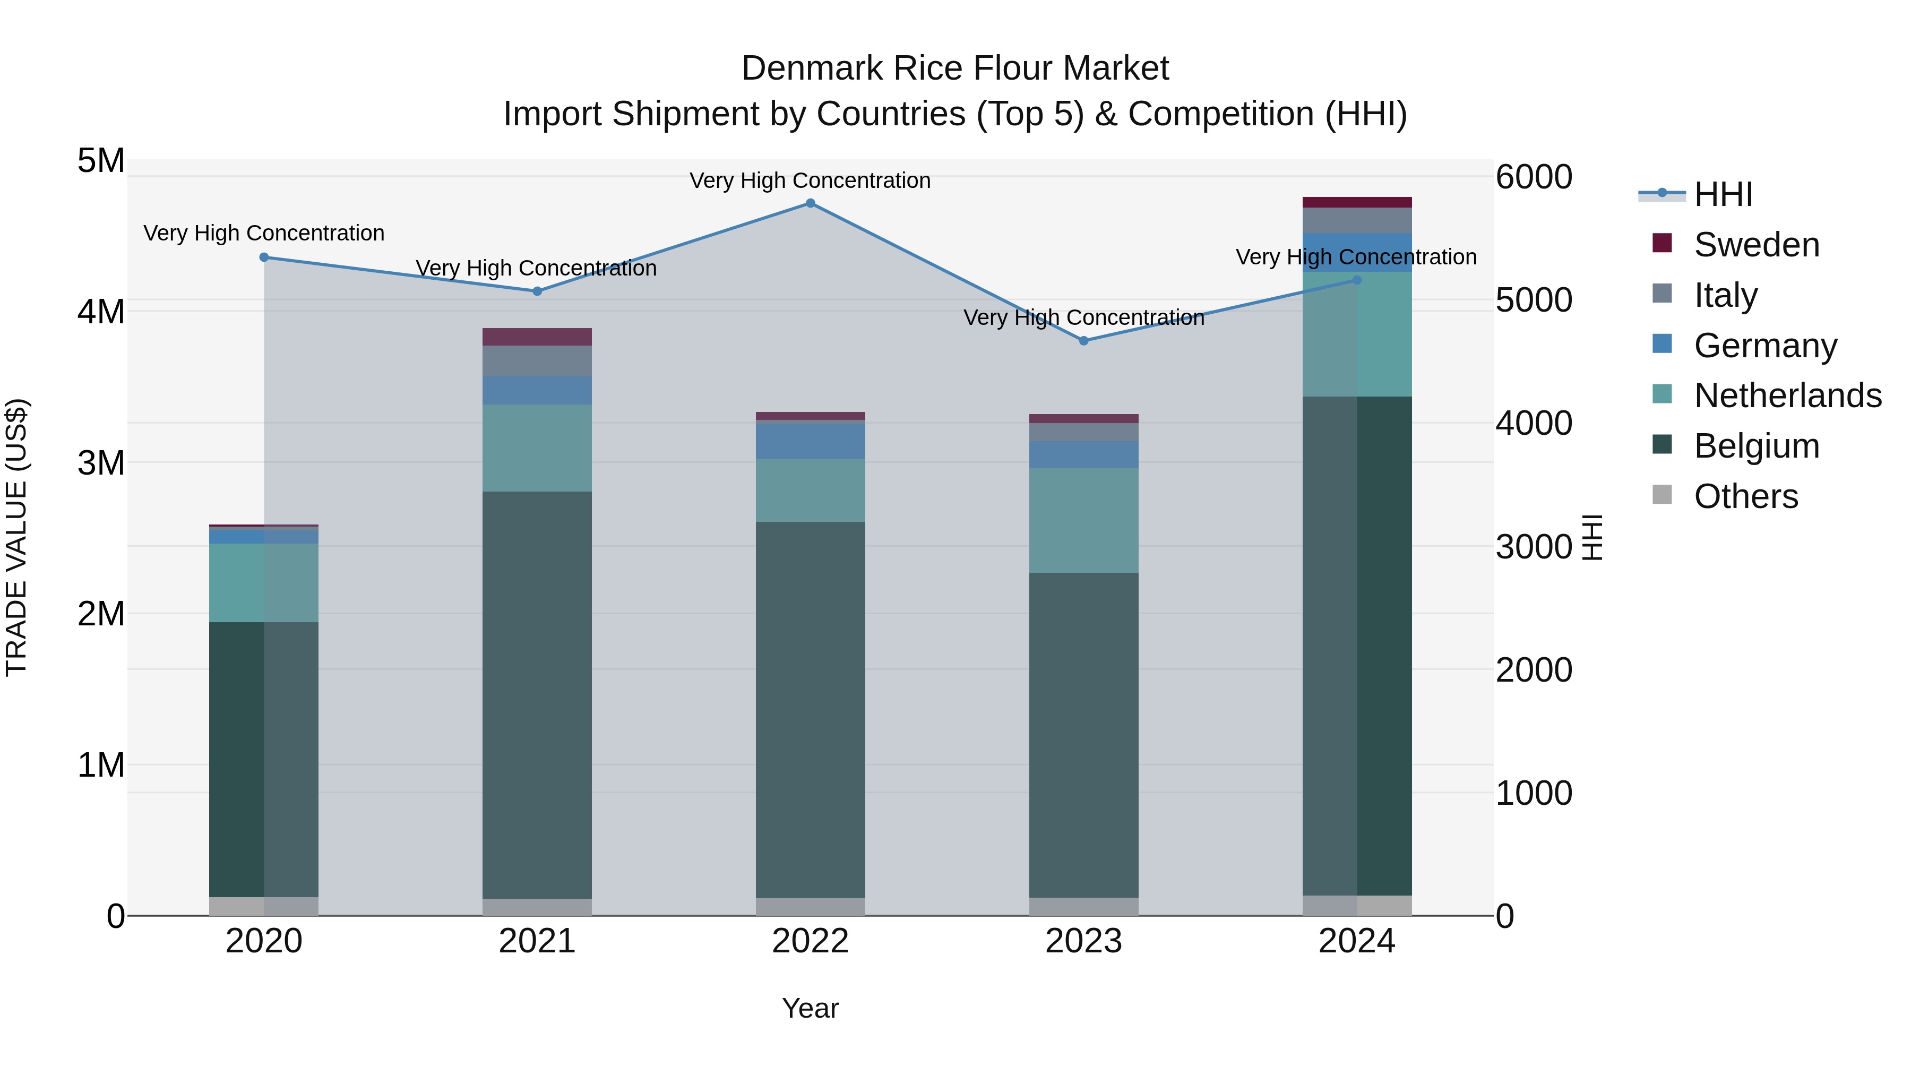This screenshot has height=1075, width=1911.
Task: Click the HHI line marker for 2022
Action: tap(810, 203)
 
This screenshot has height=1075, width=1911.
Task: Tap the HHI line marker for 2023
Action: tap(1084, 341)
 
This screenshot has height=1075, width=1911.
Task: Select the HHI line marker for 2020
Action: tap(264, 257)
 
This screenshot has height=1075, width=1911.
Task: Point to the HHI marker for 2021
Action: tap(537, 291)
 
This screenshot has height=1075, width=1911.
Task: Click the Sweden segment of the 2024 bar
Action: tap(1357, 203)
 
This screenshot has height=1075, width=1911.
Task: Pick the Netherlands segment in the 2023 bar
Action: tap(1084, 520)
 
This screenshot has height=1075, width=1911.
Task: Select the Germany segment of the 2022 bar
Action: tap(810, 441)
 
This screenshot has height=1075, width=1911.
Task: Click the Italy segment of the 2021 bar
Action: tap(537, 360)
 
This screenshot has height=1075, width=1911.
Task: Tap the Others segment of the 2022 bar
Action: tap(810, 907)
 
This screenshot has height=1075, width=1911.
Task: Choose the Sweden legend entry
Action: tap(1756, 245)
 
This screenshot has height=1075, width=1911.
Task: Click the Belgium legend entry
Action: tap(1756, 446)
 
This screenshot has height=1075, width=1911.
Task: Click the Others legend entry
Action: tap(1745, 496)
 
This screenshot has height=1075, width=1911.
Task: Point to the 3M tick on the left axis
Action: tap(101, 463)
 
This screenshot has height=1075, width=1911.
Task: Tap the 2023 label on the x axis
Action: tap(1084, 941)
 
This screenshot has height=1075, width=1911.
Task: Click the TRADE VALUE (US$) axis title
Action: tap(17, 537)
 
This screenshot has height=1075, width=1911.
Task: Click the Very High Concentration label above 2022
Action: tap(810, 181)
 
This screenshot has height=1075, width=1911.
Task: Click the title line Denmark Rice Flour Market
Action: tap(955, 68)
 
